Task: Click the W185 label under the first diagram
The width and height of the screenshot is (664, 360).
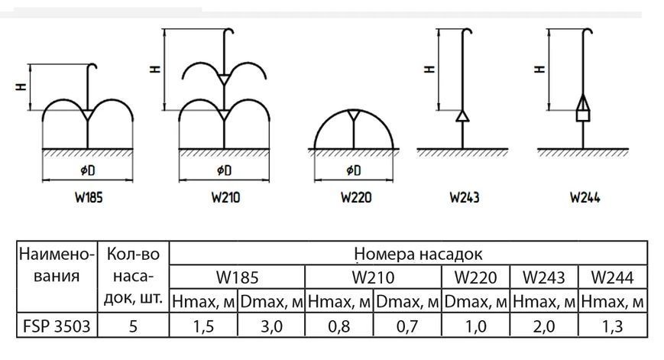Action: pos(89,197)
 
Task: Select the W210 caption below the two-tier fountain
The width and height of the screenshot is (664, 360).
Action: pos(225,197)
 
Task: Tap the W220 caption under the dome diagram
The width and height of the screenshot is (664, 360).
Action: pos(356,197)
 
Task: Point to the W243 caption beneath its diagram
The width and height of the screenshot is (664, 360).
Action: pos(465,197)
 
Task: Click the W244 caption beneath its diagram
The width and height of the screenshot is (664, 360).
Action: pos(585,197)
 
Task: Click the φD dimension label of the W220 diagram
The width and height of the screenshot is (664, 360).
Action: pos(354,170)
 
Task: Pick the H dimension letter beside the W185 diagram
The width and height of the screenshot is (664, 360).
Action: pos(21,87)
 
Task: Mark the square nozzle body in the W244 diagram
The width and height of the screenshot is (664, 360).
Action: pos(583,115)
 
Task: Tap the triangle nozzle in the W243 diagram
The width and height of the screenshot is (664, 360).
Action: pos(462,116)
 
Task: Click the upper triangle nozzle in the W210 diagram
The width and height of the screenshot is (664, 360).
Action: pos(224,79)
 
